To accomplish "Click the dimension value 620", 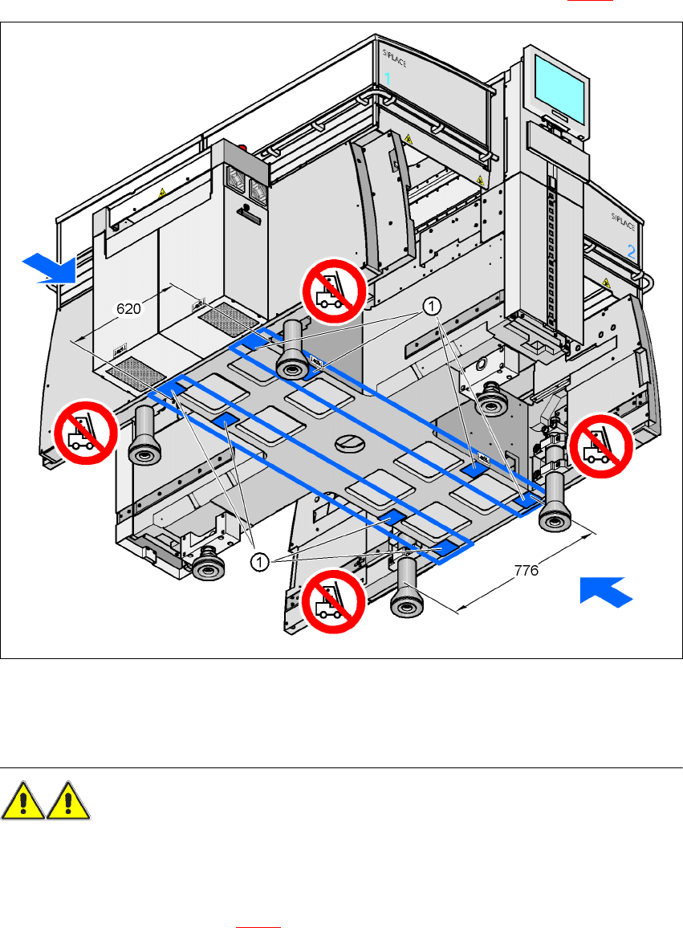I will (x=131, y=307).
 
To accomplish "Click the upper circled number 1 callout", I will (x=432, y=305).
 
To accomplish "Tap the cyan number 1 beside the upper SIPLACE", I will (x=388, y=79).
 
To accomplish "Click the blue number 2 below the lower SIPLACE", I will (x=632, y=251).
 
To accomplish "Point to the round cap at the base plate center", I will (x=350, y=442).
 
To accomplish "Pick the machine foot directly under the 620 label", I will (x=144, y=433).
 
